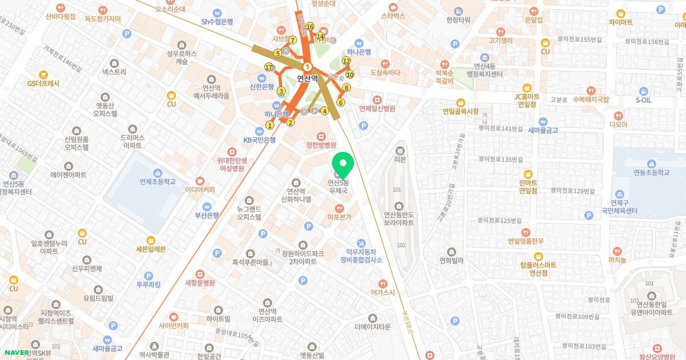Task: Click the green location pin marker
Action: pyautogui.click(x=343, y=163)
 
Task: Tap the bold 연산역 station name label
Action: pyautogui.click(x=308, y=79)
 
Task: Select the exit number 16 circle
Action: pyautogui.click(x=310, y=26)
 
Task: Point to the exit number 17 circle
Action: pyautogui.click(x=269, y=67)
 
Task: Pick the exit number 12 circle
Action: pyautogui.click(x=346, y=61)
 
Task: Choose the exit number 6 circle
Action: pyautogui.click(x=341, y=103)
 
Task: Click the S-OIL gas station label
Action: pyautogui.click(x=643, y=100)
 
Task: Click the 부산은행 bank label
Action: pyautogui.click(x=206, y=215)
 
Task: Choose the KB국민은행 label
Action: pyautogui.click(x=260, y=139)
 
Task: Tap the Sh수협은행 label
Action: pyautogui.click(x=218, y=22)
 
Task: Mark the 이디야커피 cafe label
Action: pyautogui.click(x=200, y=189)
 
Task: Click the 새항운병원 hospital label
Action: pyautogui.click(x=200, y=282)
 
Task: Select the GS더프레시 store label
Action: pyautogui.click(x=43, y=83)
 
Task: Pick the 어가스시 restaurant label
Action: pyautogui.click(x=382, y=292)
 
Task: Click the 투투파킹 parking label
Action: pyautogui.click(x=149, y=284)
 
